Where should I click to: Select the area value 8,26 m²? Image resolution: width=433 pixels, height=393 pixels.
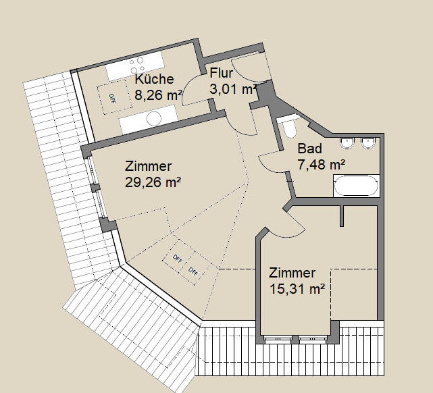[x=157, y=95]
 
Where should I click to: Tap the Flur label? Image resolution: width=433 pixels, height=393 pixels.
[x=222, y=73]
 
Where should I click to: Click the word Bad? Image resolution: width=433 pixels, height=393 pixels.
[x=310, y=149]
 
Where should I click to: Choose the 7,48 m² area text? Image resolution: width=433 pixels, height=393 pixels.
[x=322, y=164]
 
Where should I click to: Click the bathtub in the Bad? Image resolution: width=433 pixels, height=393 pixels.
[x=355, y=186]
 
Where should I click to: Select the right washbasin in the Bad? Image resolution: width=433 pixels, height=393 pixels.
[x=368, y=142]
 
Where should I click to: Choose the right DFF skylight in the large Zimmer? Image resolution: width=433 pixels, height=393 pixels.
[x=193, y=271]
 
